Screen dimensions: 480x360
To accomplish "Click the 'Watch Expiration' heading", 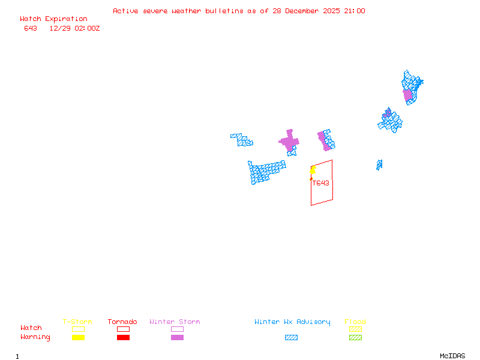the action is point(53,19).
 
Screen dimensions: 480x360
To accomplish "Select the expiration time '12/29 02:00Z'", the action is point(74,28).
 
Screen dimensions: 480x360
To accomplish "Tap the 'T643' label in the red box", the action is point(321,184).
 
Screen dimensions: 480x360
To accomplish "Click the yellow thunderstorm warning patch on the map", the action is point(313,170).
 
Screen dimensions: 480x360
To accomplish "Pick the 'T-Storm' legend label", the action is point(77,322).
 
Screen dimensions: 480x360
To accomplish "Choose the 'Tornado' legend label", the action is point(122,322).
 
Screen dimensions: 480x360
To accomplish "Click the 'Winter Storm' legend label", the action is point(175,322).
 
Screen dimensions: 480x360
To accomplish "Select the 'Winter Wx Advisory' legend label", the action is point(292,322).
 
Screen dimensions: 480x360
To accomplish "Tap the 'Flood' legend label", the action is point(355,322).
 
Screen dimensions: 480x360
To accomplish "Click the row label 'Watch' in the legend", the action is point(31,328).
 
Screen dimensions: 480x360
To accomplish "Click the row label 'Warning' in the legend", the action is point(35,337).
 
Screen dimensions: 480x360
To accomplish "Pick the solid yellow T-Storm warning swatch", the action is point(78,337).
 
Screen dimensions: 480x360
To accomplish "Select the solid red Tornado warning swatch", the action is point(123,337).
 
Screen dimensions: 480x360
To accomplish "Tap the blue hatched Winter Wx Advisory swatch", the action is point(291,337).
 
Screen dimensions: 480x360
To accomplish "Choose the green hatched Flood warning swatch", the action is point(355,337).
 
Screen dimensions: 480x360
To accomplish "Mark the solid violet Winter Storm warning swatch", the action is point(177,337).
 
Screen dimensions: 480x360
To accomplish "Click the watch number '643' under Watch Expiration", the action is point(31,28).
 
